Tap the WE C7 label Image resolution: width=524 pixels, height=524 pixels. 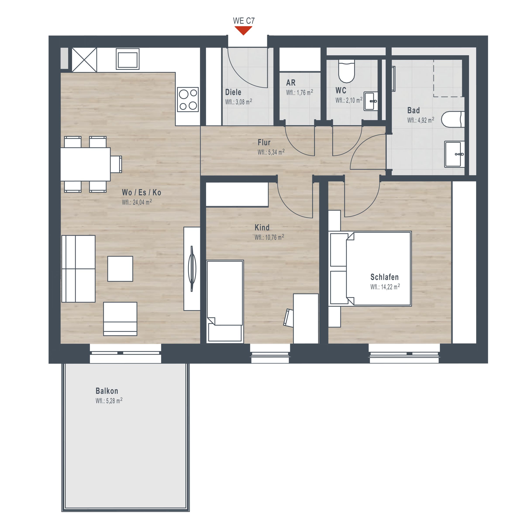pyautogui.click(x=244, y=21)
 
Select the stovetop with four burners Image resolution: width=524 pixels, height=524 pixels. pyautogui.click(x=188, y=100)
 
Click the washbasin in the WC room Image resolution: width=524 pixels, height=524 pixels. pyautogui.click(x=371, y=101)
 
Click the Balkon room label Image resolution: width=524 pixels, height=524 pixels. pyautogui.click(x=107, y=391)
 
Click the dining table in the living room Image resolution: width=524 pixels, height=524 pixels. pyautogui.click(x=85, y=164)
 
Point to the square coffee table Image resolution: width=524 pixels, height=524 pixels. pyautogui.click(x=120, y=269)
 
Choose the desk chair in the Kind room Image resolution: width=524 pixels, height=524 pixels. pyautogui.click(x=288, y=318)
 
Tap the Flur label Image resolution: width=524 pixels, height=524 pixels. pyautogui.click(x=264, y=142)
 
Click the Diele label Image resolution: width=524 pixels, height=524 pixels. pyautogui.click(x=233, y=92)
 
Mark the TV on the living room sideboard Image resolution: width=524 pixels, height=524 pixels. pyautogui.click(x=192, y=269)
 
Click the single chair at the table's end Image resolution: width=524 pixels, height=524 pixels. pyautogui.click(x=116, y=164)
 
